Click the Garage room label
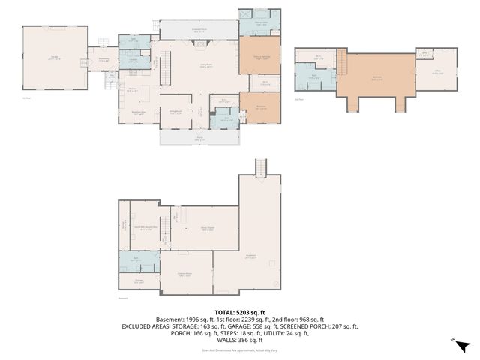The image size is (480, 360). [x=52, y=58]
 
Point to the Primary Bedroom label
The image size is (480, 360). [x=259, y=58]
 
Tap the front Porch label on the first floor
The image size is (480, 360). [x=200, y=138]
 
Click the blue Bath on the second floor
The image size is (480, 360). [x=314, y=76]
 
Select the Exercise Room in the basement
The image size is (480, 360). [x=184, y=274]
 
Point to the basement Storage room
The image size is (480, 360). [x=138, y=282]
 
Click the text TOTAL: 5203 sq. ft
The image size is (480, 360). [x=239, y=311]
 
